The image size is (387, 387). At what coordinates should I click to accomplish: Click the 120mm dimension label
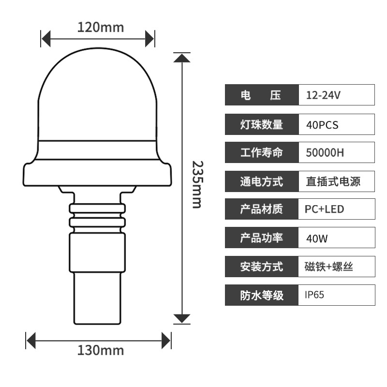[101, 27]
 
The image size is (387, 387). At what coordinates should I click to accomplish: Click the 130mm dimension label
[101, 350]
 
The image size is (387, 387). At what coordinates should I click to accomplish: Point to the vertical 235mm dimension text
[197, 185]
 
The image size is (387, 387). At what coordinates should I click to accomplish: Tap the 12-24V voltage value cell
[337, 95]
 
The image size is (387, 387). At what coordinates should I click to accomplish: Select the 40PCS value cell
[337, 124]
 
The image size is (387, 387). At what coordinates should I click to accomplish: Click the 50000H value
[325, 152]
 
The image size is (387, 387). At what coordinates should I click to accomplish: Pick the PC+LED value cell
[337, 209]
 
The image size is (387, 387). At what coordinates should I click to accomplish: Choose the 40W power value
[317, 238]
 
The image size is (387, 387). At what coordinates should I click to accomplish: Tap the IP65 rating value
[314, 295]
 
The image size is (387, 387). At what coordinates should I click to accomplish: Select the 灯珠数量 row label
[262, 124]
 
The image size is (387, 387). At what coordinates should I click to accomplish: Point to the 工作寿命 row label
[262, 152]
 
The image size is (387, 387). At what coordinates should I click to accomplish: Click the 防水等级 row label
[262, 295]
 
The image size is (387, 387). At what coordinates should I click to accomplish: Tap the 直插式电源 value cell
[337, 181]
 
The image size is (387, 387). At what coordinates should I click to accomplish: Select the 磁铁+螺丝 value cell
[337, 267]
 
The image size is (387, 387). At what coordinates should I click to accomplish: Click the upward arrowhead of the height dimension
[182, 58]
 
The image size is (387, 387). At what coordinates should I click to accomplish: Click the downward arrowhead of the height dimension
[182, 318]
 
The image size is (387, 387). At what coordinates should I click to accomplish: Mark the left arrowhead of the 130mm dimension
[31, 341]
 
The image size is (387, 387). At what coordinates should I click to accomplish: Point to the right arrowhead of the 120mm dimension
[149, 39]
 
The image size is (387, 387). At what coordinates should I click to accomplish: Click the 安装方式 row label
[262, 267]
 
